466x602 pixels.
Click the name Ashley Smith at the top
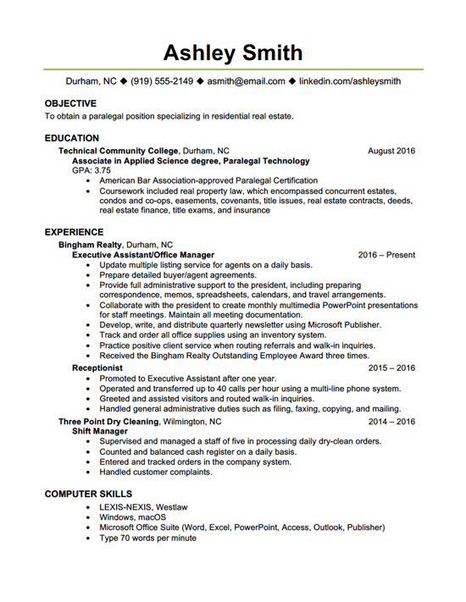coord(233,52)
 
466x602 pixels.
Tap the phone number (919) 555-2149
coord(162,82)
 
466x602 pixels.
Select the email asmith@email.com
coord(247,82)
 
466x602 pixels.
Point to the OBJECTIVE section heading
coord(70,103)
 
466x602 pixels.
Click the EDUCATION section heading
coord(72,138)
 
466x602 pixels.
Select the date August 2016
coord(391,151)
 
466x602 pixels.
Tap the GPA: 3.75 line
coord(92,170)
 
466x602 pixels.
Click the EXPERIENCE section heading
coord(75,231)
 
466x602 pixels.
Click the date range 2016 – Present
coord(386,255)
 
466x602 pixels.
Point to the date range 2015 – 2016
coord(391,368)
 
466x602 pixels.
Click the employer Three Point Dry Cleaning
coord(108,421)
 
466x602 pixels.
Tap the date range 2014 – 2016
coord(391,421)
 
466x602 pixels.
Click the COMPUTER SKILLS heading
coord(88,494)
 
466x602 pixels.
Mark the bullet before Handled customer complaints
coord(90,472)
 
